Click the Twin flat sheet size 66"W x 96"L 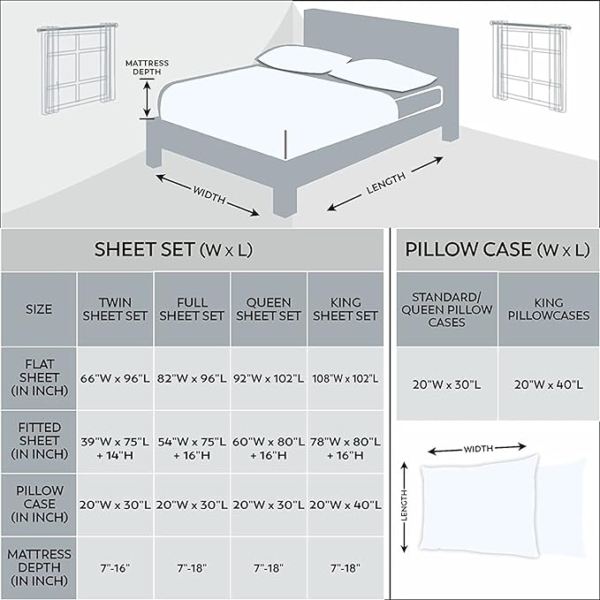tap(115, 378)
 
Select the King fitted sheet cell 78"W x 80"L tap(346, 448)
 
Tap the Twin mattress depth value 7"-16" tap(115, 568)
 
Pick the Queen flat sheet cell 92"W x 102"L tap(269, 378)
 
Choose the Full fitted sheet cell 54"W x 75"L tap(192, 448)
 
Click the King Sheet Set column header tap(346, 309)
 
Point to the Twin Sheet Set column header tap(115, 309)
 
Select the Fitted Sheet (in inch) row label tap(39, 441)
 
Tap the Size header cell tap(39, 309)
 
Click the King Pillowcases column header tap(549, 309)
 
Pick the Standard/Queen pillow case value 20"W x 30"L tap(446, 384)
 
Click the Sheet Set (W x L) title tap(173, 249)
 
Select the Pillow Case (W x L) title tap(497, 249)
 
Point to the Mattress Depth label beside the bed tap(147, 67)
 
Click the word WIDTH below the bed tap(209, 194)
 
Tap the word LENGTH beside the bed tap(385, 183)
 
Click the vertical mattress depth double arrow tap(147, 99)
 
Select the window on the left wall tap(77, 68)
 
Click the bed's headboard tap(381, 54)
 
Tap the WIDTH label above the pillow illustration tap(478, 449)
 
